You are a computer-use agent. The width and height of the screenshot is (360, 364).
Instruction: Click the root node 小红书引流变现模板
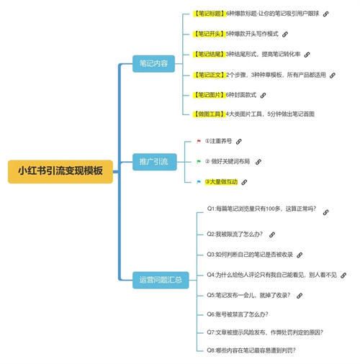(x=60, y=171)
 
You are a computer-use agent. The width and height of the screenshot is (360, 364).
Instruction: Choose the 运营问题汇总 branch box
(x=161, y=279)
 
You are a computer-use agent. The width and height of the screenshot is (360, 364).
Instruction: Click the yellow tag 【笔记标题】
(x=210, y=14)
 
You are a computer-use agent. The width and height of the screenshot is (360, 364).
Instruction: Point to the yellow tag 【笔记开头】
(x=210, y=34)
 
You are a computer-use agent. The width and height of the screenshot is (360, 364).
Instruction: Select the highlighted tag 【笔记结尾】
(x=210, y=54)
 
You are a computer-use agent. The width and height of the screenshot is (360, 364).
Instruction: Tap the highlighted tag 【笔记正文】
(x=210, y=74)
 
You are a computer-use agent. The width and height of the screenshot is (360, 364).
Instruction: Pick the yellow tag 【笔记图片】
(x=210, y=94)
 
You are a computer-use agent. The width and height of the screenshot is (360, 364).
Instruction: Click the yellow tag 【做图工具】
(x=210, y=114)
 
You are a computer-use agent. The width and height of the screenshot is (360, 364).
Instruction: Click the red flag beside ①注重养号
(x=199, y=142)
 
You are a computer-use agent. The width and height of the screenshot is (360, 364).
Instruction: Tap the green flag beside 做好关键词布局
(x=199, y=162)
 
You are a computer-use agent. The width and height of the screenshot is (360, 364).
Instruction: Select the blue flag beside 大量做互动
(x=199, y=182)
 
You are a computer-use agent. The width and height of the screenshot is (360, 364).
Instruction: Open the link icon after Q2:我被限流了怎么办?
(x=271, y=235)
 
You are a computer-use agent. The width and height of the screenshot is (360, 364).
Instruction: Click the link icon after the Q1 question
(x=325, y=213)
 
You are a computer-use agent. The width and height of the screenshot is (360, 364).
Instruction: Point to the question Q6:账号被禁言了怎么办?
(x=237, y=314)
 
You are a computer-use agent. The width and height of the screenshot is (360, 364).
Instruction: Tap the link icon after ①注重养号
(x=239, y=142)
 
